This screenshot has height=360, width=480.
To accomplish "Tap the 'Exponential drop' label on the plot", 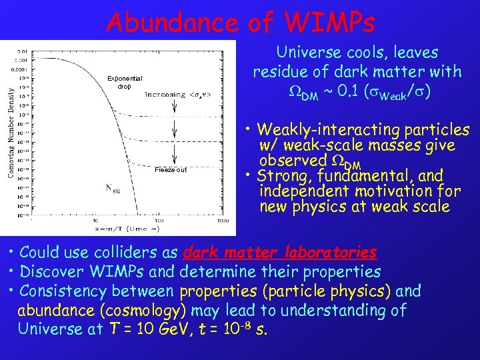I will click(x=125, y=82).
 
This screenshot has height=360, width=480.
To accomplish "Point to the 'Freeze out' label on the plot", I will click(x=171, y=169).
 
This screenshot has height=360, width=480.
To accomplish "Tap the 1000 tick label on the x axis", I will click(x=223, y=220).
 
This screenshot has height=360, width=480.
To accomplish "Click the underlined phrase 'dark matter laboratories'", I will click(x=279, y=253).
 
